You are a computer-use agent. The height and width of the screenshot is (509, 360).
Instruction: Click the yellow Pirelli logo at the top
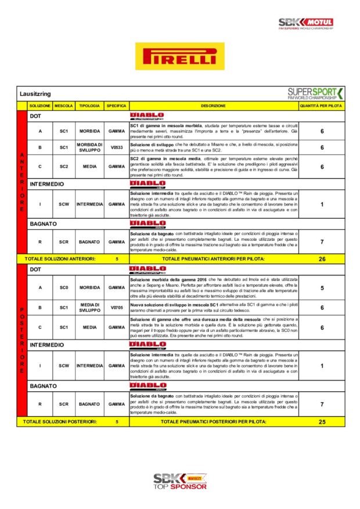[x=179, y=56]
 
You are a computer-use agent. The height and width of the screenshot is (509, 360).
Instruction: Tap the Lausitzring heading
[x=36, y=93]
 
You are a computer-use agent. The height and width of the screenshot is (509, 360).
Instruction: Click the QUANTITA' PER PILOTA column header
[x=321, y=106]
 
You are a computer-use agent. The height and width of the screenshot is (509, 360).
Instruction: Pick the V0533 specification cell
[x=116, y=147]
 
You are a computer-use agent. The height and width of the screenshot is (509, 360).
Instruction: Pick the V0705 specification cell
[x=116, y=308]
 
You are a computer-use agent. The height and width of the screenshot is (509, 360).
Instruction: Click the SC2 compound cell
[x=63, y=167]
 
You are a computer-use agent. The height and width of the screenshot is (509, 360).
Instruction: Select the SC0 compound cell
[x=63, y=287]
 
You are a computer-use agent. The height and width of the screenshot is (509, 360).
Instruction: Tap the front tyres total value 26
[x=322, y=259]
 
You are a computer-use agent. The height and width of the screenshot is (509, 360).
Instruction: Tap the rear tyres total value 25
[x=322, y=422]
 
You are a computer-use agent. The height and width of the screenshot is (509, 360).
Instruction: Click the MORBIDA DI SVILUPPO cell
[x=89, y=147]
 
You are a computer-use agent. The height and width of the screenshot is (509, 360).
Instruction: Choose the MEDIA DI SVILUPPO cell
[x=89, y=308]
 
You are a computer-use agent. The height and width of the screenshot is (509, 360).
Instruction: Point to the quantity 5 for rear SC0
[x=322, y=287]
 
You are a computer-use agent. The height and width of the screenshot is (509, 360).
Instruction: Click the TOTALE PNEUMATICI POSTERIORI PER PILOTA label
[x=213, y=422]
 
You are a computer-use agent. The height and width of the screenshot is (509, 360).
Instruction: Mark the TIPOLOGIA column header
[x=89, y=106]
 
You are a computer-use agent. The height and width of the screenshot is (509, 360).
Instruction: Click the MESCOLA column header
[x=63, y=106]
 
